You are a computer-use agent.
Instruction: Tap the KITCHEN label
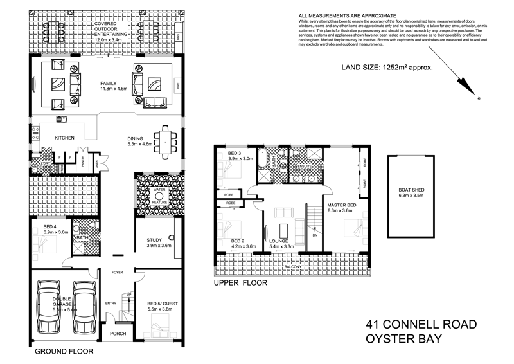(x=65, y=138)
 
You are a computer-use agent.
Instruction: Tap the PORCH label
(x=117, y=334)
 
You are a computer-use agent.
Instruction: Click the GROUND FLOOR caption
(x=64, y=352)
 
